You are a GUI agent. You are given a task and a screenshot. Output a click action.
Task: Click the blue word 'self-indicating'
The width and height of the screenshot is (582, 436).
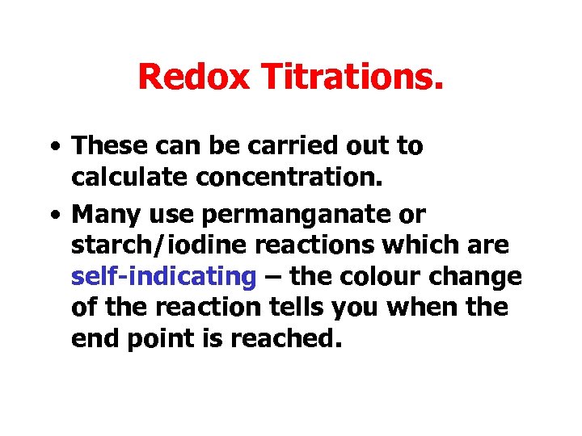click(x=163, y=277)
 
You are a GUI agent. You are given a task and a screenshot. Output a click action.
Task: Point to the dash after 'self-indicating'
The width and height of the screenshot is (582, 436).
click(x=272, y=277)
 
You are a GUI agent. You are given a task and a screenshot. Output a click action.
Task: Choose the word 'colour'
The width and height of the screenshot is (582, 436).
click(x=377, y=277)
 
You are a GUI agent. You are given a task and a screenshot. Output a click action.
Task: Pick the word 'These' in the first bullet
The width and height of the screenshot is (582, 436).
click(x=104, y=146)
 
